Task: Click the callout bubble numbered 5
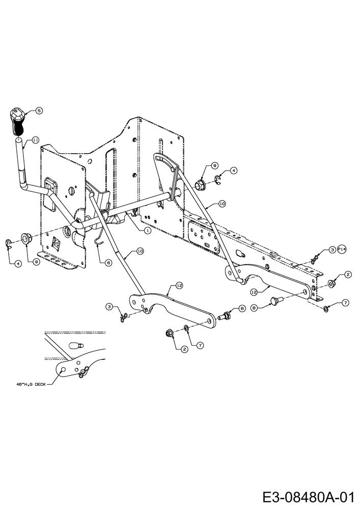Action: pos(39,110)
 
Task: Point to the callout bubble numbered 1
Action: pos(147,230)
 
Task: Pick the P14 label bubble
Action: pos(341,249)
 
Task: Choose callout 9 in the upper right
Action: pos(215,165)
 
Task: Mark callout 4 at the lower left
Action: pos(18,263)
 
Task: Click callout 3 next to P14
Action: pos(331,249)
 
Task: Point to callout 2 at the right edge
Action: pos(348,275)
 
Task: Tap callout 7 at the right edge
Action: pos(345,303)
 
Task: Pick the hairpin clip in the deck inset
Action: pos(84,372)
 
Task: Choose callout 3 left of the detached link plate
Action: pos(109,306)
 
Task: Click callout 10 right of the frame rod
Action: pos(221,203)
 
